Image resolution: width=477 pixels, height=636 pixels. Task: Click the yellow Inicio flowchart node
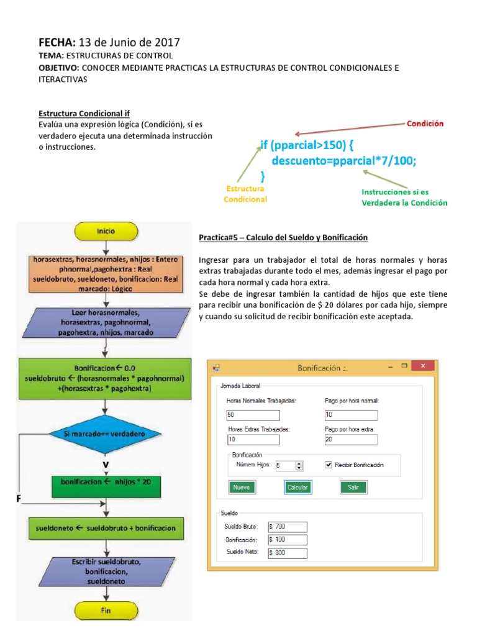tap(105, 231)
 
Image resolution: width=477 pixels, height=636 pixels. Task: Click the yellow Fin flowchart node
tap(105, 611)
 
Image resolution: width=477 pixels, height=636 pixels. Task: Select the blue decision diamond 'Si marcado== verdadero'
tap(105, 434)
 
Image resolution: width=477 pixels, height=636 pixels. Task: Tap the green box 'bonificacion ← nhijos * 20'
tap(105, 481)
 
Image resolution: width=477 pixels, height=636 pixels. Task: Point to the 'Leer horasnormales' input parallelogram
tap(105, 322)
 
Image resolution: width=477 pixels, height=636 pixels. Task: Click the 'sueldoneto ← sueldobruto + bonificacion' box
tap(105, 528)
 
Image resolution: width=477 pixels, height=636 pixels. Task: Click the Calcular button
tap(298, 488)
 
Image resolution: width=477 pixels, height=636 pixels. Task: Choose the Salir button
tap(353, 488)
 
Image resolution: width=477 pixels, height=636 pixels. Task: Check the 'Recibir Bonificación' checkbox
tap(329, 465)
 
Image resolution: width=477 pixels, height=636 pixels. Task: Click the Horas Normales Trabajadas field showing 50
tap(253, 415)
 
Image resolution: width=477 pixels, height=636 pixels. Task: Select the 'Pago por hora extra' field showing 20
tap(350, 440)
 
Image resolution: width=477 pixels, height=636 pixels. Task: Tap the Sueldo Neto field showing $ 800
tap(288, 553)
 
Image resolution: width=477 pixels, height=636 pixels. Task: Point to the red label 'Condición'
tap(425, 124)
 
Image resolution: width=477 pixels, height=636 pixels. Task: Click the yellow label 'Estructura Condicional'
tap(245, 194)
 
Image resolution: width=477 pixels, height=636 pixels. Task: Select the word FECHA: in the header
tap(57, 42)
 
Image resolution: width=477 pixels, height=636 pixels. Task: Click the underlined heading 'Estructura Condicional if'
tap(84, 114)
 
